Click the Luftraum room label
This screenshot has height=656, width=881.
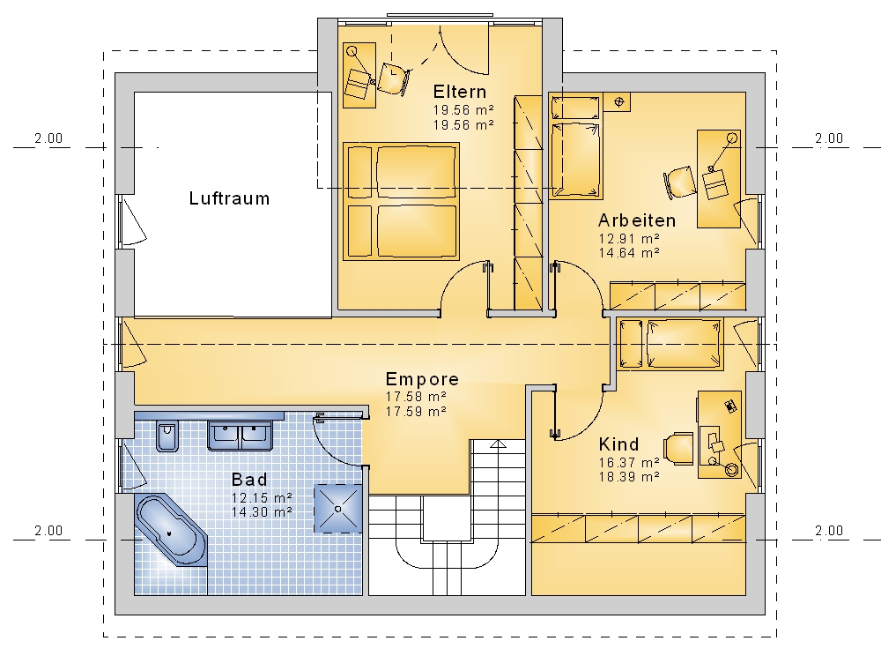[x=229, y=198]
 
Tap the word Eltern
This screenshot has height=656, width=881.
[x=460, y=92]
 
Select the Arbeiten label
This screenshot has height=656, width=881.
[x=637, y=220]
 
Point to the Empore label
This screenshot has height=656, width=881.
[x=422, y=379]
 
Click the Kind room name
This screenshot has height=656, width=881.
[x=618, y=444]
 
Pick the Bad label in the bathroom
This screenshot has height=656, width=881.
[x=249, y=480]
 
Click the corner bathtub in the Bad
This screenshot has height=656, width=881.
[x=171, y=530]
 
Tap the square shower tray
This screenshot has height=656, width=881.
[x=337, y=508]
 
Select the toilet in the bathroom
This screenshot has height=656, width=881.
[x=167, y=435]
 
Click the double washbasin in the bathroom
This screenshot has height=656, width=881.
[x=240, y=436]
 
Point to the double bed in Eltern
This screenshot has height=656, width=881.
[x=401, y=201]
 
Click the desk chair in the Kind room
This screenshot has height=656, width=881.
[x=678, y=449]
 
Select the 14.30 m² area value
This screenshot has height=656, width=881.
[x=262, y=512]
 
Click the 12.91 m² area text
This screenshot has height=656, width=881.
[x=629, y=238]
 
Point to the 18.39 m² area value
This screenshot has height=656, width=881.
[x=629, y=477]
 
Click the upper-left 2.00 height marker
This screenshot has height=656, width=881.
[x=48, y=138]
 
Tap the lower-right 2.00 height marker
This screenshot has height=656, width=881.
[x=829, y=531]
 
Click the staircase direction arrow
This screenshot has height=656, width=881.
[x=498, y=444]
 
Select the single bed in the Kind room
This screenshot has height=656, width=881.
[x=670, y=344]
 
